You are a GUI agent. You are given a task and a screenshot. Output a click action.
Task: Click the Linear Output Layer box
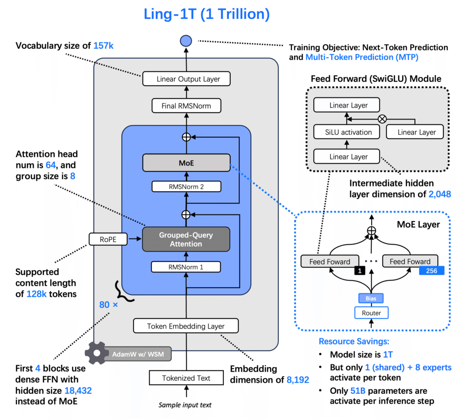point(186,79)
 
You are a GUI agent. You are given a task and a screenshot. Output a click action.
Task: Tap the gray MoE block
point(186,162)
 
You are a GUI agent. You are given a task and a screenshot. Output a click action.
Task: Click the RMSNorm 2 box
point(186,186)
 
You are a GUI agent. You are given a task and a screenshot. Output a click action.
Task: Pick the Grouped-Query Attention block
point(186,239)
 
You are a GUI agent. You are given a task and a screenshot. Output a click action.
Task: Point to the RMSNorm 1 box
point(186,267)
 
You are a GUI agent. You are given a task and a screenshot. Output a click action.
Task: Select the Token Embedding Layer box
point(186,326)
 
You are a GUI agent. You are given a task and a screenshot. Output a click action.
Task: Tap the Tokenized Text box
point(186,378)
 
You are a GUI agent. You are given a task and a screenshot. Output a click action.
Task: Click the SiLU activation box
point(348,132)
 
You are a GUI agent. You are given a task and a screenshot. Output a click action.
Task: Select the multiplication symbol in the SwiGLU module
point(382,119)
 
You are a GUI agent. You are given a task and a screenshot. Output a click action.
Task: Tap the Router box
point(372,313)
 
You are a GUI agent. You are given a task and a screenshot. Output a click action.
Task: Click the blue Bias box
point(372,298)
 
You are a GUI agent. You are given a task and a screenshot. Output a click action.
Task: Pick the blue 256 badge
point(431,270)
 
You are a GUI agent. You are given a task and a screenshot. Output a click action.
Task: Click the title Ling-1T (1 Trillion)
point(207,14)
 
